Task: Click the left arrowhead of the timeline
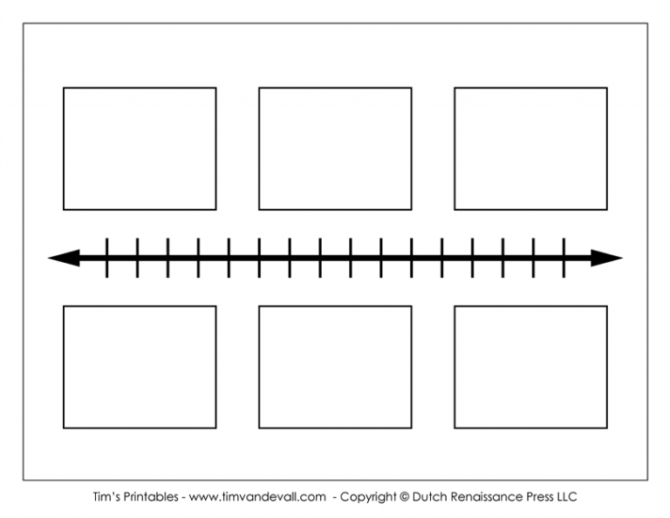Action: click(64, 258)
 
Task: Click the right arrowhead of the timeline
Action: click(607, 258)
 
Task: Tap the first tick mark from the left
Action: click(106, 258)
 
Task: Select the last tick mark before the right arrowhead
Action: click(564, 258)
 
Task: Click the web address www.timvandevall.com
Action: click(257, 497)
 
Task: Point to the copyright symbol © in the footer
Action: click(404, 497)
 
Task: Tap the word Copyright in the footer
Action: click(368, 497)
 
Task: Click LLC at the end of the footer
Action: click(567, 497)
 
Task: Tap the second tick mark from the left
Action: click(137, 258)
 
